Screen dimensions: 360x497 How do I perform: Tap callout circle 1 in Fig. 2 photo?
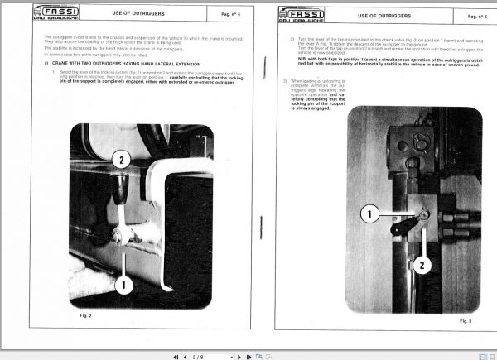coord(124,286)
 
